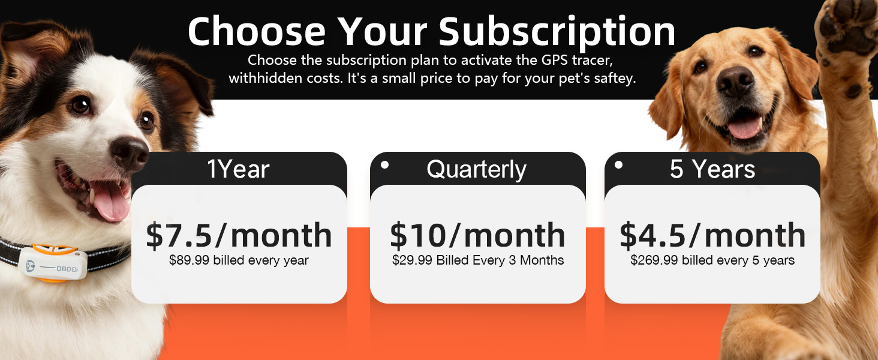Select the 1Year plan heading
coord(238,170)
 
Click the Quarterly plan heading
coord(477,170)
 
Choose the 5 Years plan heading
coord(712,170)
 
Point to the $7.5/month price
coord(239,235)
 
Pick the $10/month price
coord(478,235)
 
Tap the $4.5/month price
coord(712,235)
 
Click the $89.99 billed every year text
coord(239,260)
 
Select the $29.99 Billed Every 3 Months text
coord(478,260)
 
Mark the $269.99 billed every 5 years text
coord(712,260)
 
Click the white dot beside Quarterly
coord(385,164)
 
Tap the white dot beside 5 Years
coord(618,164)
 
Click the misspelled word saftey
coord(612,79)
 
